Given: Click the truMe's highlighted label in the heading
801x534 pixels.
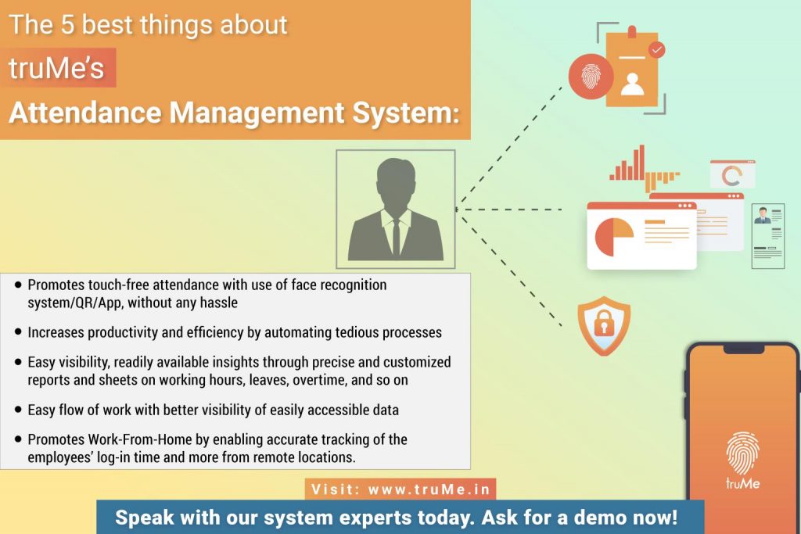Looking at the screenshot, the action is [58, 68].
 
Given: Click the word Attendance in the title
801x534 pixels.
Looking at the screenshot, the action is [84, 113].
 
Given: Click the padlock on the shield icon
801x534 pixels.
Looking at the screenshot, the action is [604, 323].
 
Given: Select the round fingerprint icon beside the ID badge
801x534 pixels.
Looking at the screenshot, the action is [591, 77].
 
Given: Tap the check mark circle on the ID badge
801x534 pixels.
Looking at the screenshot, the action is [657, 49].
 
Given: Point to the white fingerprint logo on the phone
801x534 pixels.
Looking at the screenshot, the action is [743, 453].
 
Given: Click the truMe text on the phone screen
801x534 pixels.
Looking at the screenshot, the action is [743, 483].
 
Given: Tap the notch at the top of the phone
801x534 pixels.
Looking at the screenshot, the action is [744, 349].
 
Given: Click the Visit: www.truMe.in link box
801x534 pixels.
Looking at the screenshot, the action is [400, 489].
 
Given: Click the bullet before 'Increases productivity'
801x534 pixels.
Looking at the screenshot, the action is [19, 332].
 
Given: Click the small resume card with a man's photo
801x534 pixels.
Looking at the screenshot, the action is [768, 236].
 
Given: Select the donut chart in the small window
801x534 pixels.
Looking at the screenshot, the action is [731, 176].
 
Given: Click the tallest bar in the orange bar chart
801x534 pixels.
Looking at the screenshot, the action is [641, 163].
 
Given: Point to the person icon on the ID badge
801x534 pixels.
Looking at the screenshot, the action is [632, 84].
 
